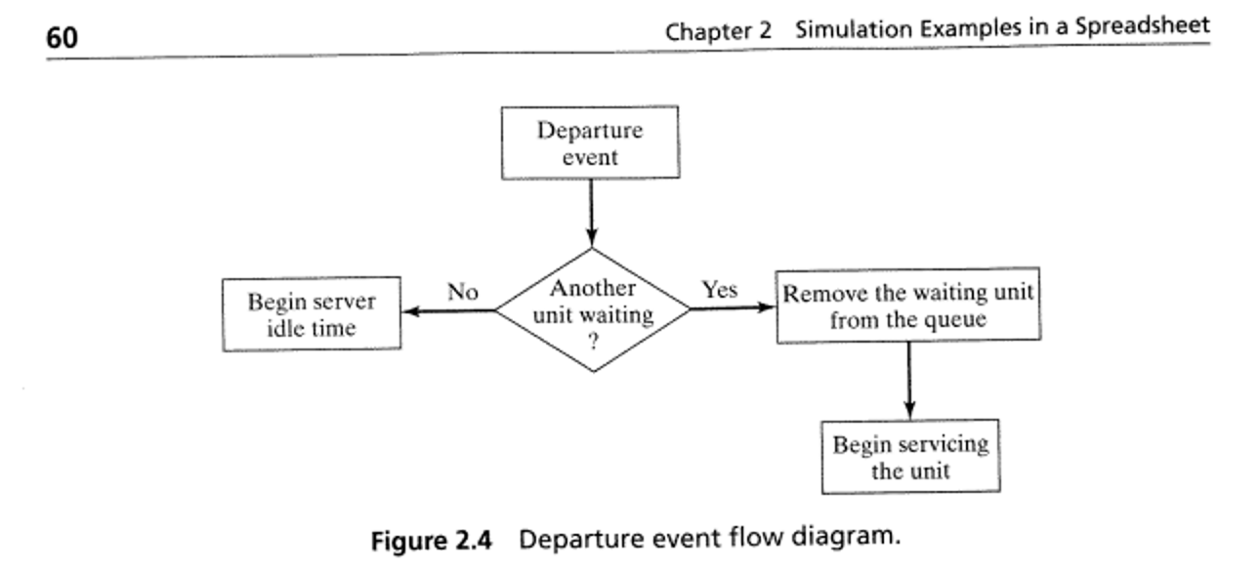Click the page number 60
[62, 37]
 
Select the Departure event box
[590, 143]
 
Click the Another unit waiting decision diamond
[592, 310]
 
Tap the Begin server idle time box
[312, 314]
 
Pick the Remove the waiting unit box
[907, 306]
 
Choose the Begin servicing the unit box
[910, 457]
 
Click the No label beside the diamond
[463, 292]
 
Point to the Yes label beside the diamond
[720, 290]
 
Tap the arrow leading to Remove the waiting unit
[733, 307]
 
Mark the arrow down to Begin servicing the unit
[909, 381]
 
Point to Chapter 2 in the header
[718, 30]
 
